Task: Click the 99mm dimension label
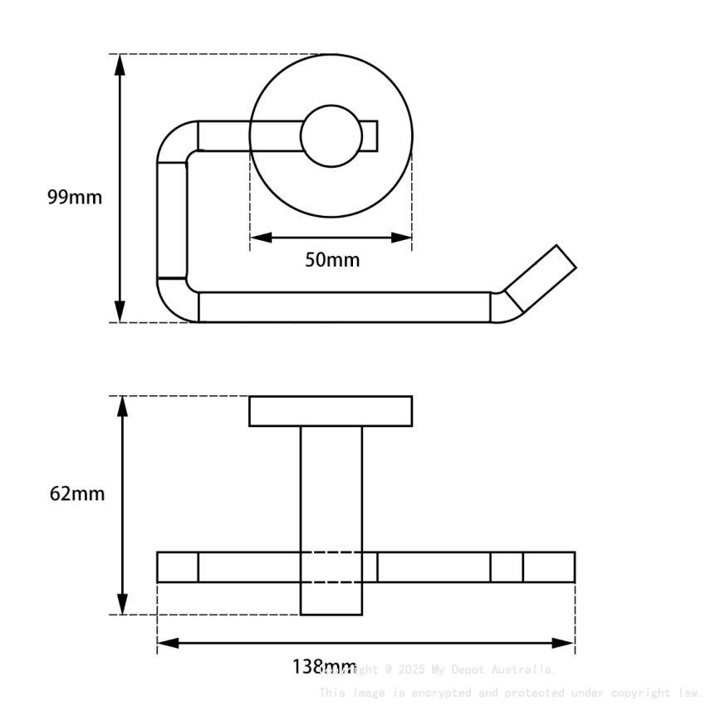tap(75, 198)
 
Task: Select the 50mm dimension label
tap(332, 260)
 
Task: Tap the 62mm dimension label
tap(77, 493)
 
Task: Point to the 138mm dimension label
tap(322, 667)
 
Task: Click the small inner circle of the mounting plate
tap(331, 136)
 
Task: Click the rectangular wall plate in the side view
tap(331, 411)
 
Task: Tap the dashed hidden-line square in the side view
tap(331, 567)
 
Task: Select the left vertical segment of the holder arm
tap(173, 220)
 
